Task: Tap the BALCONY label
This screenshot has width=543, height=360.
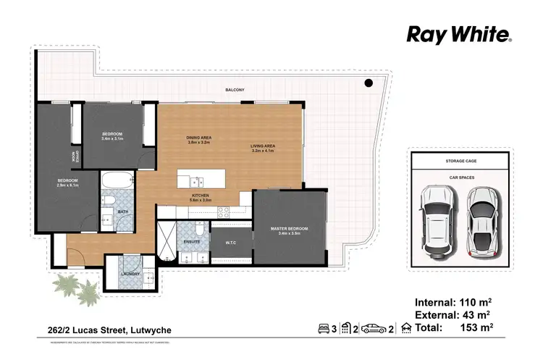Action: tap(234, 90)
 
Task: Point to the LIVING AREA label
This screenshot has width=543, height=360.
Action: tap(263, 148)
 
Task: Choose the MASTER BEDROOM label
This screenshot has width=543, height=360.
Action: tap(288, 230)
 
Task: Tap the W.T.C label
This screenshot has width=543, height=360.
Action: tap(231, 243)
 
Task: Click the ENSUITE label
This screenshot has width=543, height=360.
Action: tap(192, 240)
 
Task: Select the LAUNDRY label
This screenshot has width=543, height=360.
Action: tap(130, 274)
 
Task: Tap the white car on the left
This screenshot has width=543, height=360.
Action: tap(439, 219)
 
